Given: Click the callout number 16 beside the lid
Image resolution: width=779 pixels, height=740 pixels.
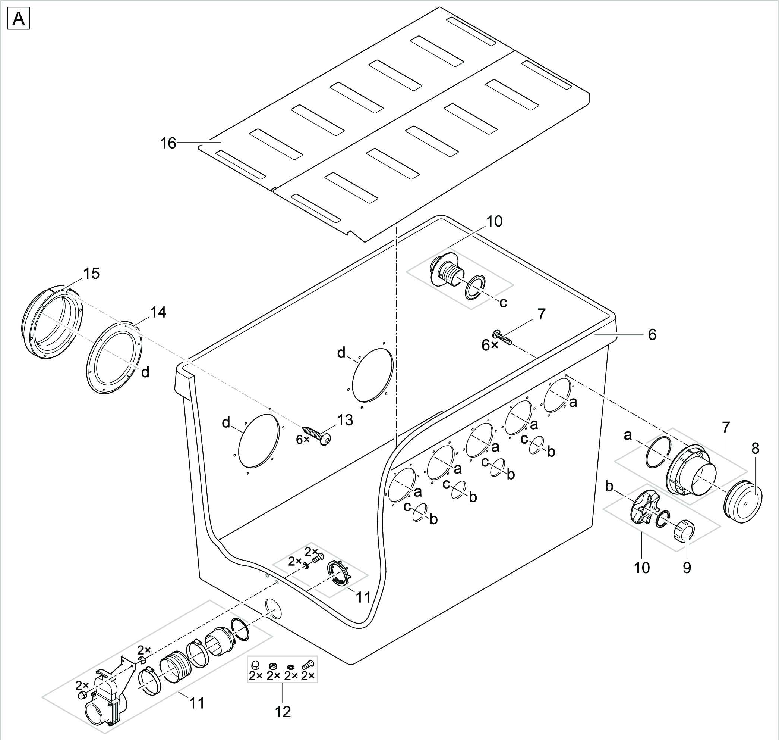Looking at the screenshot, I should pos(168,143).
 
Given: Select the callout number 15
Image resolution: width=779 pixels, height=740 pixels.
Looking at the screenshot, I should pos(91,274).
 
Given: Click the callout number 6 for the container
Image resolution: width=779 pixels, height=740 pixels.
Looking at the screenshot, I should pos(652,334).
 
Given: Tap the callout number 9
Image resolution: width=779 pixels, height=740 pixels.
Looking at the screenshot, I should pos(687,568).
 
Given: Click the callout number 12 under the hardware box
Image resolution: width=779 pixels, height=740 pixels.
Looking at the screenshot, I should pos(283,712).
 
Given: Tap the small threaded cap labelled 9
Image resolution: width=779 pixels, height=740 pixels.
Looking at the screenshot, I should pos(683,531).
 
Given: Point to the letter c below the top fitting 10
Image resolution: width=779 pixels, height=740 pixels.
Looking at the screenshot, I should pos(503,303).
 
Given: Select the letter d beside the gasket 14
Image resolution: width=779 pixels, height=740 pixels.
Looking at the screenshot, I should pos(145,372).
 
